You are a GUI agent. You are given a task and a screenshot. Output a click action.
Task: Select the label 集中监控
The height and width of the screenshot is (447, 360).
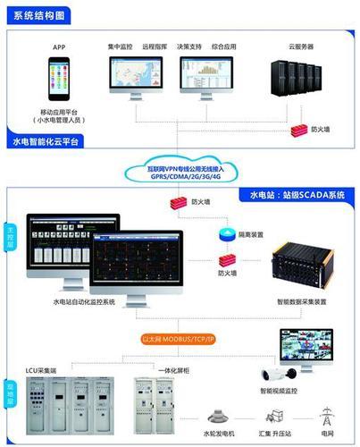click(x=121, y=45)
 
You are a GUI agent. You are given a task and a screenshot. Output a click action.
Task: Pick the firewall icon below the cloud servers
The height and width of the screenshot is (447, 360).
click(x=298, y=131)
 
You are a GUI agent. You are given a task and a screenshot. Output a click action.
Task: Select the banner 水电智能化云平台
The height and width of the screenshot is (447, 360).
click(x=46, y=142)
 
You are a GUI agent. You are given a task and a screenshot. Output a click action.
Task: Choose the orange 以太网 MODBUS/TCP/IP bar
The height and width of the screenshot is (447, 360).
click(x=182, y=341)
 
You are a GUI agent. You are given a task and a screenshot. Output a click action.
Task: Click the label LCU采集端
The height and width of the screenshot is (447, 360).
click(x=41, y=367)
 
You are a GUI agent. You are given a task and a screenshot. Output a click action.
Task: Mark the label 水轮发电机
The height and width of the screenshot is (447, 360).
click(x=218, y=432)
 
